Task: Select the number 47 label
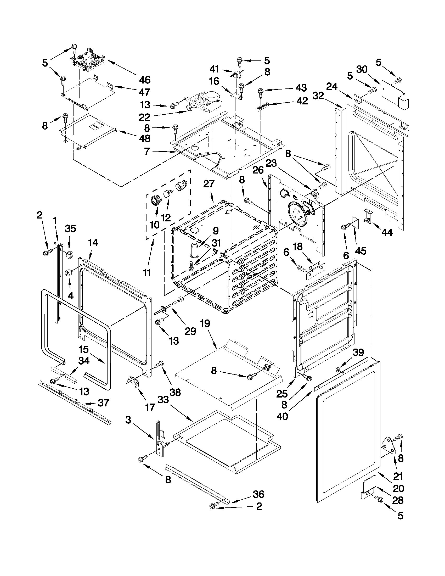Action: pos(144,92)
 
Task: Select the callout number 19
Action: pos(205,323)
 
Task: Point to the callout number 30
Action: pos(362,69)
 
